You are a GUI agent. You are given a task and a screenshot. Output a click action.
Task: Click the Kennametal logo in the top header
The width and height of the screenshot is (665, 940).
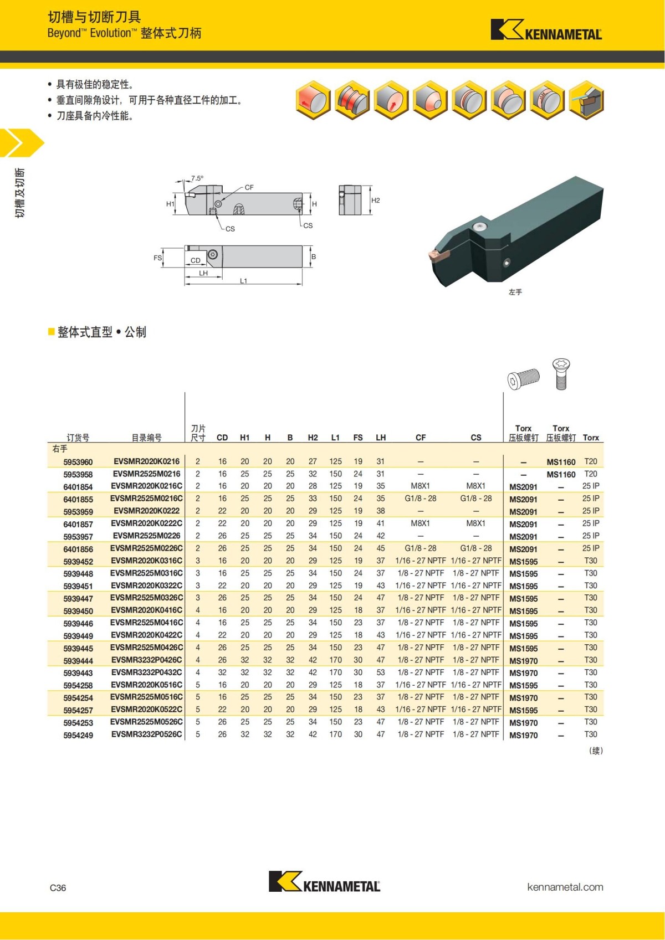546,30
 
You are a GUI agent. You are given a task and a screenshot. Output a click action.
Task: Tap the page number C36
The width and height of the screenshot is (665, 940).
58,887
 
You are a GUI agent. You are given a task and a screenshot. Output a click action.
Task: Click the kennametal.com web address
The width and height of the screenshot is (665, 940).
565,887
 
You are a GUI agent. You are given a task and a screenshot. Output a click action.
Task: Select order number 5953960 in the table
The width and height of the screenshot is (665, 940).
78,462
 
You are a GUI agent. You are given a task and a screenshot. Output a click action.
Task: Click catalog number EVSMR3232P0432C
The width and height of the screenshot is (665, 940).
146,672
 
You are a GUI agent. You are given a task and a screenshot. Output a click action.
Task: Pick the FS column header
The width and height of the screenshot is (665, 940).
358,438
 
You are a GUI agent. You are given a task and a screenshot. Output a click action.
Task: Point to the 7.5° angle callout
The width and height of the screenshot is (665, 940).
197,178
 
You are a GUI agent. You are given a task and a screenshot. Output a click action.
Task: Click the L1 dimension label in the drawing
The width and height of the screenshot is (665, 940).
243,281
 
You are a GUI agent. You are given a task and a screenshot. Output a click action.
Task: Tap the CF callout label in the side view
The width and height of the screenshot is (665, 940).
249,188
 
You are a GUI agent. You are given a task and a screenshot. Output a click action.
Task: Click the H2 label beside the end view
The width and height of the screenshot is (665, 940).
376,201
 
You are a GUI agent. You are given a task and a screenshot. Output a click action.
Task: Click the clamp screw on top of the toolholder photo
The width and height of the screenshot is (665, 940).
479,227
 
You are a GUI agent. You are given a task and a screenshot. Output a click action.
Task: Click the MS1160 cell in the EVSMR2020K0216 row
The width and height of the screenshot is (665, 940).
561,462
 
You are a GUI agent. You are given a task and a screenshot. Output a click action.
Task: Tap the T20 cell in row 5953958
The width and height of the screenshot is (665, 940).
591,474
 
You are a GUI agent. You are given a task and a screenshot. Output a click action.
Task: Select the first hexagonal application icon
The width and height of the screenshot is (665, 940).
313,100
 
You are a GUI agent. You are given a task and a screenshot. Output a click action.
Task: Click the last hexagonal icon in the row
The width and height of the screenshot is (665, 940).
586,100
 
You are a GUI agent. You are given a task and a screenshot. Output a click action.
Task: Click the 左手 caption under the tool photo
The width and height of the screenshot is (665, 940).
515,292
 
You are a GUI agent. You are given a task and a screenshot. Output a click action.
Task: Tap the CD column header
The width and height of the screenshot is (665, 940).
222,438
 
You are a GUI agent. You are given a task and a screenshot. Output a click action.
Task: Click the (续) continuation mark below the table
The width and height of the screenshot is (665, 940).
596,751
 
